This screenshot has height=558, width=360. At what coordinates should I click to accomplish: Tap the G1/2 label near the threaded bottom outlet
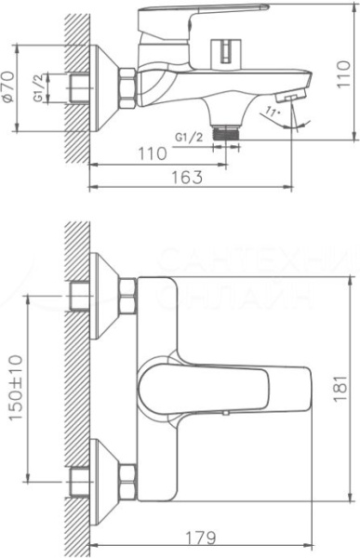189,137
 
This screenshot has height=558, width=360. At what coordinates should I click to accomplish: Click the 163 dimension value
186,178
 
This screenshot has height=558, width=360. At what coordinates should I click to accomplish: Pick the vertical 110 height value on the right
346,70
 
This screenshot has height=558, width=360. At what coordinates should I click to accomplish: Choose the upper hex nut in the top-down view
127,297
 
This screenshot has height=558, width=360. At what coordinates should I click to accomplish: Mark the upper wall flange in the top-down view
103,297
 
